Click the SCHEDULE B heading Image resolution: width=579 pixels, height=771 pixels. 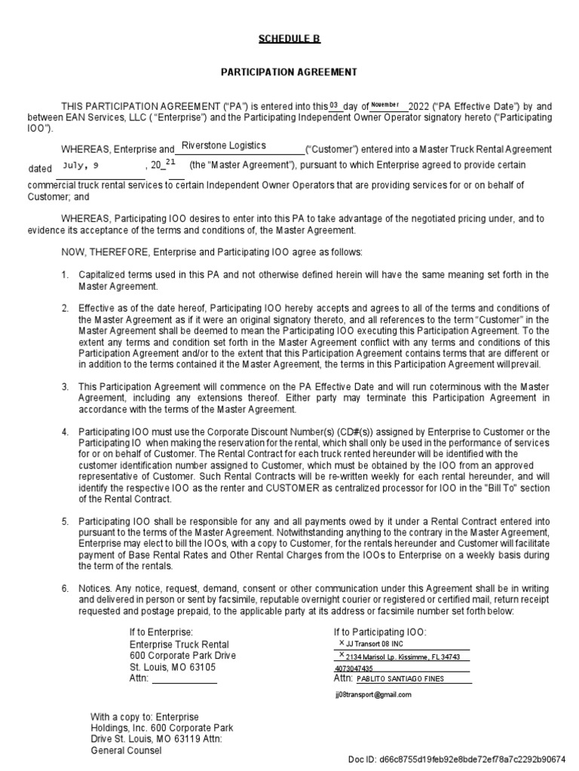click(x=289, y=39)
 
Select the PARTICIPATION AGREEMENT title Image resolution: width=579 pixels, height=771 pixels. click(x=289, y=72)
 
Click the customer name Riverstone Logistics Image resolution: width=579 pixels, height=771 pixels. click(x=223, y=146)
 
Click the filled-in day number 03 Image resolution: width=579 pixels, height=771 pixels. click(x=335, y=105)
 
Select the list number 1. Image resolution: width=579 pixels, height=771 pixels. click(x=65, y=275)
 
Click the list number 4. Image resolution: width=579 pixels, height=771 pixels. click(x=65, y=432)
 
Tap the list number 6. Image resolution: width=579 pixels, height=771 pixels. click(x=65, y=587)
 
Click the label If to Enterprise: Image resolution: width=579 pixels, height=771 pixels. click(x=161, y=632)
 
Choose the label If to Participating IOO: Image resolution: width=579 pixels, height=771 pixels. click(x=380, y=632)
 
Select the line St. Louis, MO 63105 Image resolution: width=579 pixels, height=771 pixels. click(x=173, y=667)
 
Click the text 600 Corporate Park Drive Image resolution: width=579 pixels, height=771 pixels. click(x=182, y=656)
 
